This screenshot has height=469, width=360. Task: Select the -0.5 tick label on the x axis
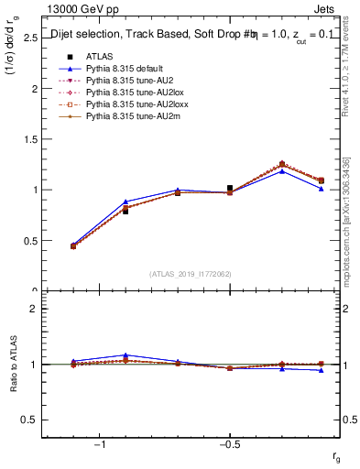228,444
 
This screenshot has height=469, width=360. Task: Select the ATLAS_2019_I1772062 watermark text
191,274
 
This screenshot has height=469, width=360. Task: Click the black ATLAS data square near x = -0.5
230,188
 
